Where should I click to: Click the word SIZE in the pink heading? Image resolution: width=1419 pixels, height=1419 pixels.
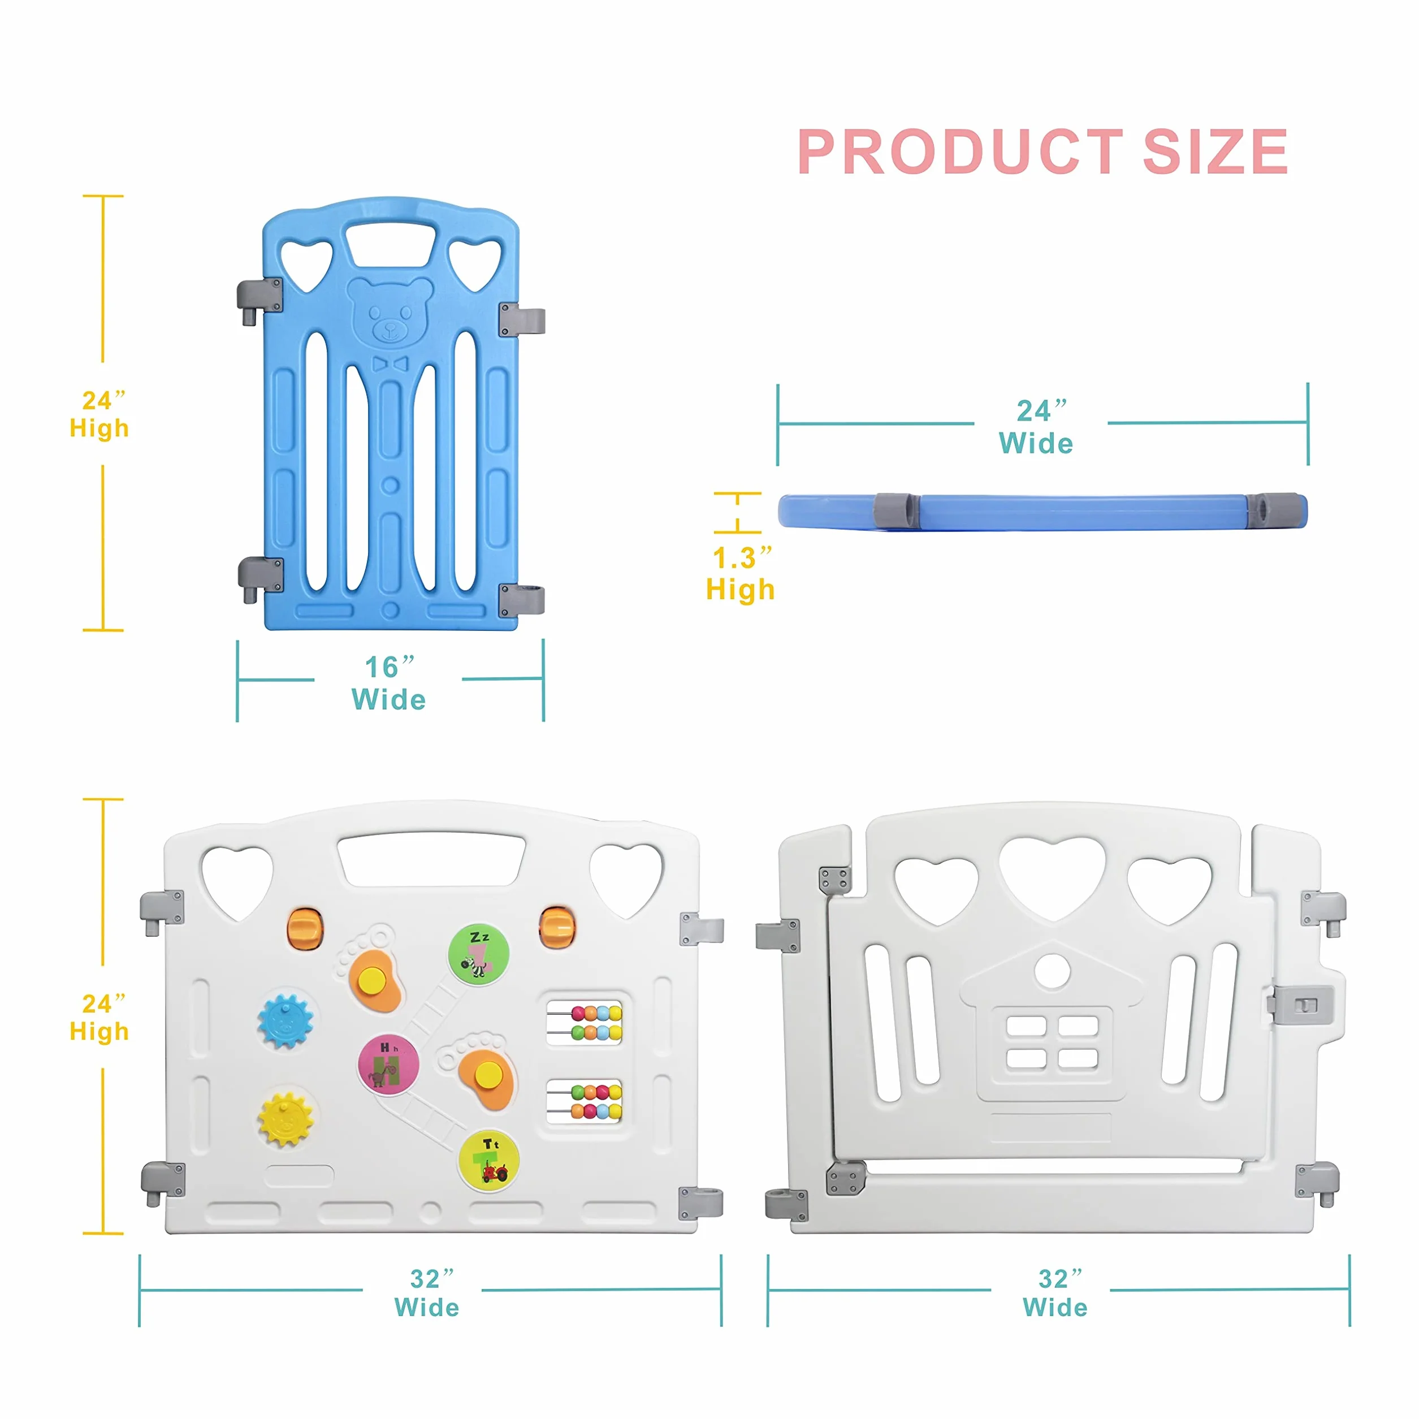[1215, 152]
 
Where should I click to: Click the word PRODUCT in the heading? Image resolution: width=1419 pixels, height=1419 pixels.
[961, 152]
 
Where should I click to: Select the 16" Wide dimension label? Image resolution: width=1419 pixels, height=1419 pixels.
[390, 683]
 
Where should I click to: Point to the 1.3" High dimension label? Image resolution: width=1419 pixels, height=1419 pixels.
[741, 574]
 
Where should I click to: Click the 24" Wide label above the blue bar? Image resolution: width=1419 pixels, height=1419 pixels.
[1037, 427]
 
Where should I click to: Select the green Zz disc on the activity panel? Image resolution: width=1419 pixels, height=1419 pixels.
[479, 955]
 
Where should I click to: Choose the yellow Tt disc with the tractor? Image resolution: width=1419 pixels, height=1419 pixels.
[489, 1161]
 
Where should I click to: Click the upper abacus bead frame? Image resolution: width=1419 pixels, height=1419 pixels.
[585, 1022]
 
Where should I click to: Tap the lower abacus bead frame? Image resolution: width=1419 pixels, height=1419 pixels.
[585, 1101]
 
